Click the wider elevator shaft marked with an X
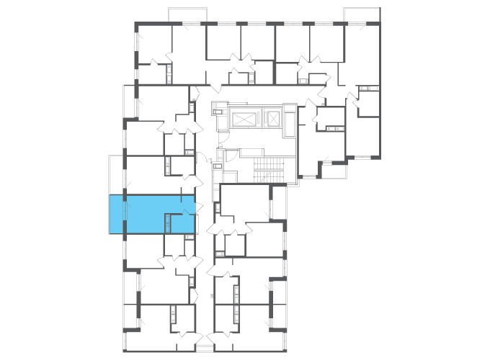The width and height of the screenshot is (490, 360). pos(245,118)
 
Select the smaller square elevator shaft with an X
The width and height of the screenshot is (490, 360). pos(273,117)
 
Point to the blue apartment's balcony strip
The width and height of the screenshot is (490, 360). pos(116,215)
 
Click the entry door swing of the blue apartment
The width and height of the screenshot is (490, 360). pos(190,210)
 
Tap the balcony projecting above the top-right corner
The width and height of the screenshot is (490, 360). pos(362,15)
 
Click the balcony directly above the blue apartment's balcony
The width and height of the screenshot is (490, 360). pos(116,174)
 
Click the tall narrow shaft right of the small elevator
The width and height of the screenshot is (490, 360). pos(289,120)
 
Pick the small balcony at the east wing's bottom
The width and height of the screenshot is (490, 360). pos(334,171)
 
